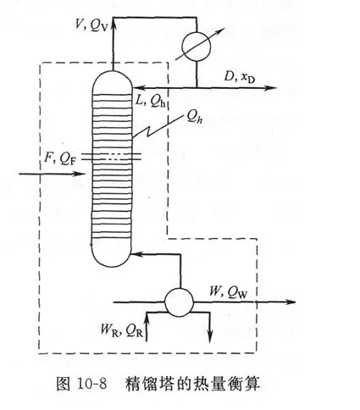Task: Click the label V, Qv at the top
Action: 91,25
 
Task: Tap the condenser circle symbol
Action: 197,47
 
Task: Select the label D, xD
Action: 239,76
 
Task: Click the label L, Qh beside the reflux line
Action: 150,101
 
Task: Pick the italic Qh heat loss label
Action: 195,116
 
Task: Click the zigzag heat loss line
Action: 157,127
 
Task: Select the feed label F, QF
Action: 60,158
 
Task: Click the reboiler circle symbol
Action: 179,302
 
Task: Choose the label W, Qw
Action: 228,292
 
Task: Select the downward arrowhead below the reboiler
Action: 210,336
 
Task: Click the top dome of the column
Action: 112,80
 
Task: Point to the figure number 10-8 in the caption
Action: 91,384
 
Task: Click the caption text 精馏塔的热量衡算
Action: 192,384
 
